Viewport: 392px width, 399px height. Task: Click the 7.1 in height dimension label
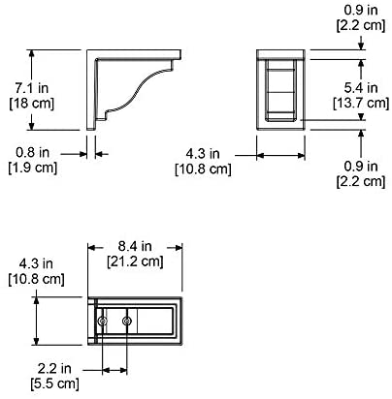coord(32,88)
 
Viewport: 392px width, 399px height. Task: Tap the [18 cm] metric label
coord(32,104)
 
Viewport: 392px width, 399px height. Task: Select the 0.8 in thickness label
coord(32,152)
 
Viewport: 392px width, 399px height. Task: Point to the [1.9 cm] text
coord(32,168)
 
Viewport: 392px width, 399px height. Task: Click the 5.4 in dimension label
coord(361,87)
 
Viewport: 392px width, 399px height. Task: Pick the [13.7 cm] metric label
coord(361,103)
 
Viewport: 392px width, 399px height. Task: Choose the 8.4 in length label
coord(135,246)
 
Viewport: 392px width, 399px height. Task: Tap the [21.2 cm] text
coord(135,261)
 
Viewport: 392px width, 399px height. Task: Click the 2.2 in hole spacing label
coord(54,368)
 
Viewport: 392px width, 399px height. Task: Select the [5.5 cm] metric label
coord(54,384)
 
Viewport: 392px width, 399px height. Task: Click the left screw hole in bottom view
coord(103,322)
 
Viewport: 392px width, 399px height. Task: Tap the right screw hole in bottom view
coord(127,322)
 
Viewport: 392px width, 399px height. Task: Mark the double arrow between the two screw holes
coord(114,370)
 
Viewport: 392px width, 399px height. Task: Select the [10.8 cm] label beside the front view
coord(203,169)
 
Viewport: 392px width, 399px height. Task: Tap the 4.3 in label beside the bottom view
coord(36,263)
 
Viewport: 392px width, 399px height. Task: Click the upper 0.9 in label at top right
coord(361,10)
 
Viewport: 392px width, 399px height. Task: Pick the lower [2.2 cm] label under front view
coord(361,181)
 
